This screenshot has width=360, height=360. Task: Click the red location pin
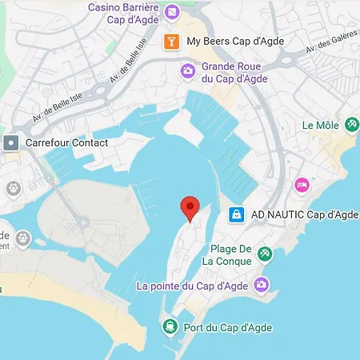(x=190, y=206)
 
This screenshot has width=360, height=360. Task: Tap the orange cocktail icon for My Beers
(x=170, y=42)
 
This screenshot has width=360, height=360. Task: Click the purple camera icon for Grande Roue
(x=186, y=71)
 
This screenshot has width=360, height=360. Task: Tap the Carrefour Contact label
(x=66, y=142)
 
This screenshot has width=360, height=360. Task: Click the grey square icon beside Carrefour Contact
(x=11, y=142)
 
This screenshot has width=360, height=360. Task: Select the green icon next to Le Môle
(x=352, y=125)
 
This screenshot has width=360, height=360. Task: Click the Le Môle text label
(x=320, y=126)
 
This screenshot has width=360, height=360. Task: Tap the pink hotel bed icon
(x=302, y=185)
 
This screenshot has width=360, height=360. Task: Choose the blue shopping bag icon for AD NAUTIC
(x=236, y=214)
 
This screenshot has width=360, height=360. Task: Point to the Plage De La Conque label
(x=227, y=254)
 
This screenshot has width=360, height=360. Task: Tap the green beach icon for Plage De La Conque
(x=265, y=254)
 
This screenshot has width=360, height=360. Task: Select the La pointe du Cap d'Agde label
(x=193, y=286)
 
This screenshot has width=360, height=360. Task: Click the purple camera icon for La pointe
(x=261, y=285)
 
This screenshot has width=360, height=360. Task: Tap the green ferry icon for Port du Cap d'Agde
(x=170, y=326)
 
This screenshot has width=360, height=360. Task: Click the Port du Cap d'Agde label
(x=226, y=326)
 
